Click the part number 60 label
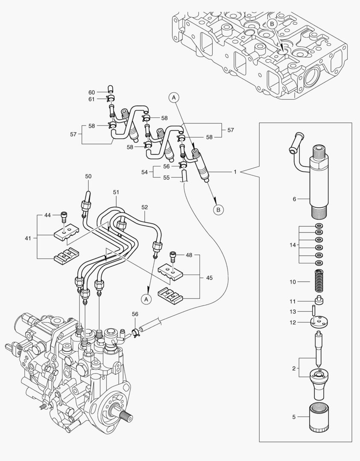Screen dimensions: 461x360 click(91, 92)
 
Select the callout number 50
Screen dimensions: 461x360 click(88, 176)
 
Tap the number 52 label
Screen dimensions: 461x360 click(145, 207)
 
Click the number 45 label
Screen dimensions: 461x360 click(209, 278)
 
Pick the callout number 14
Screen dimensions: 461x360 click(292, 245)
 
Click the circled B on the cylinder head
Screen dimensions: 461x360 click(272, 24)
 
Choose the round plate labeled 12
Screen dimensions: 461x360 click(319, 321)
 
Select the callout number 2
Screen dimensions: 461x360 click(293, 367)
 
